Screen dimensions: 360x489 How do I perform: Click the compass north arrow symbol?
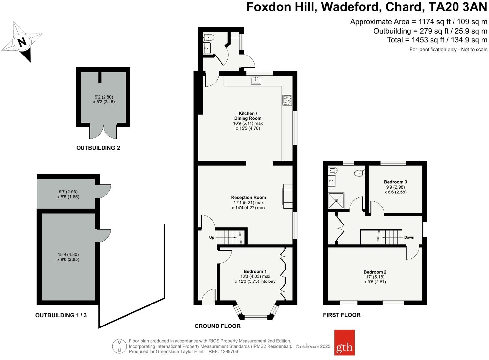tap(22, 42)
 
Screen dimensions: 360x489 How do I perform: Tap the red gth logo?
tap(344, 343)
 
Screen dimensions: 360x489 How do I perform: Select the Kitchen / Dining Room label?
tap(248, 116)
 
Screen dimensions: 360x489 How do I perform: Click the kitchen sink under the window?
tap(256, 80)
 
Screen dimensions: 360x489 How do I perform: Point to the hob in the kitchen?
tap(287, 100)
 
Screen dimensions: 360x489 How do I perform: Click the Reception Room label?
tap(248, 197)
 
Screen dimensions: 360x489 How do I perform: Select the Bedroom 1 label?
tap(255, 271)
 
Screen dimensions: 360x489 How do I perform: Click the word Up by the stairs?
tap(212, 237)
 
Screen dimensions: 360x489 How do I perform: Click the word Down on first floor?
tap(409, 237)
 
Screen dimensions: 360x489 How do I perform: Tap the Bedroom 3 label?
tap(395, 182)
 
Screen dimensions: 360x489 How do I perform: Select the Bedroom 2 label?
tap(375, 272)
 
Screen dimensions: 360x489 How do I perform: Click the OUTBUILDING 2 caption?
tap(98, 148)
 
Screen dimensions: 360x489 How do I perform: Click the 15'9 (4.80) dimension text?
tap(68, 254)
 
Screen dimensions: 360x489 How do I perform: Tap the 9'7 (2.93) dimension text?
tap(68, 192)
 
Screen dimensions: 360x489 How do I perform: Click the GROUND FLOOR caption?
tap(217, 326)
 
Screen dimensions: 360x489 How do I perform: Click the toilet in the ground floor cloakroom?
tap(209, 37)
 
